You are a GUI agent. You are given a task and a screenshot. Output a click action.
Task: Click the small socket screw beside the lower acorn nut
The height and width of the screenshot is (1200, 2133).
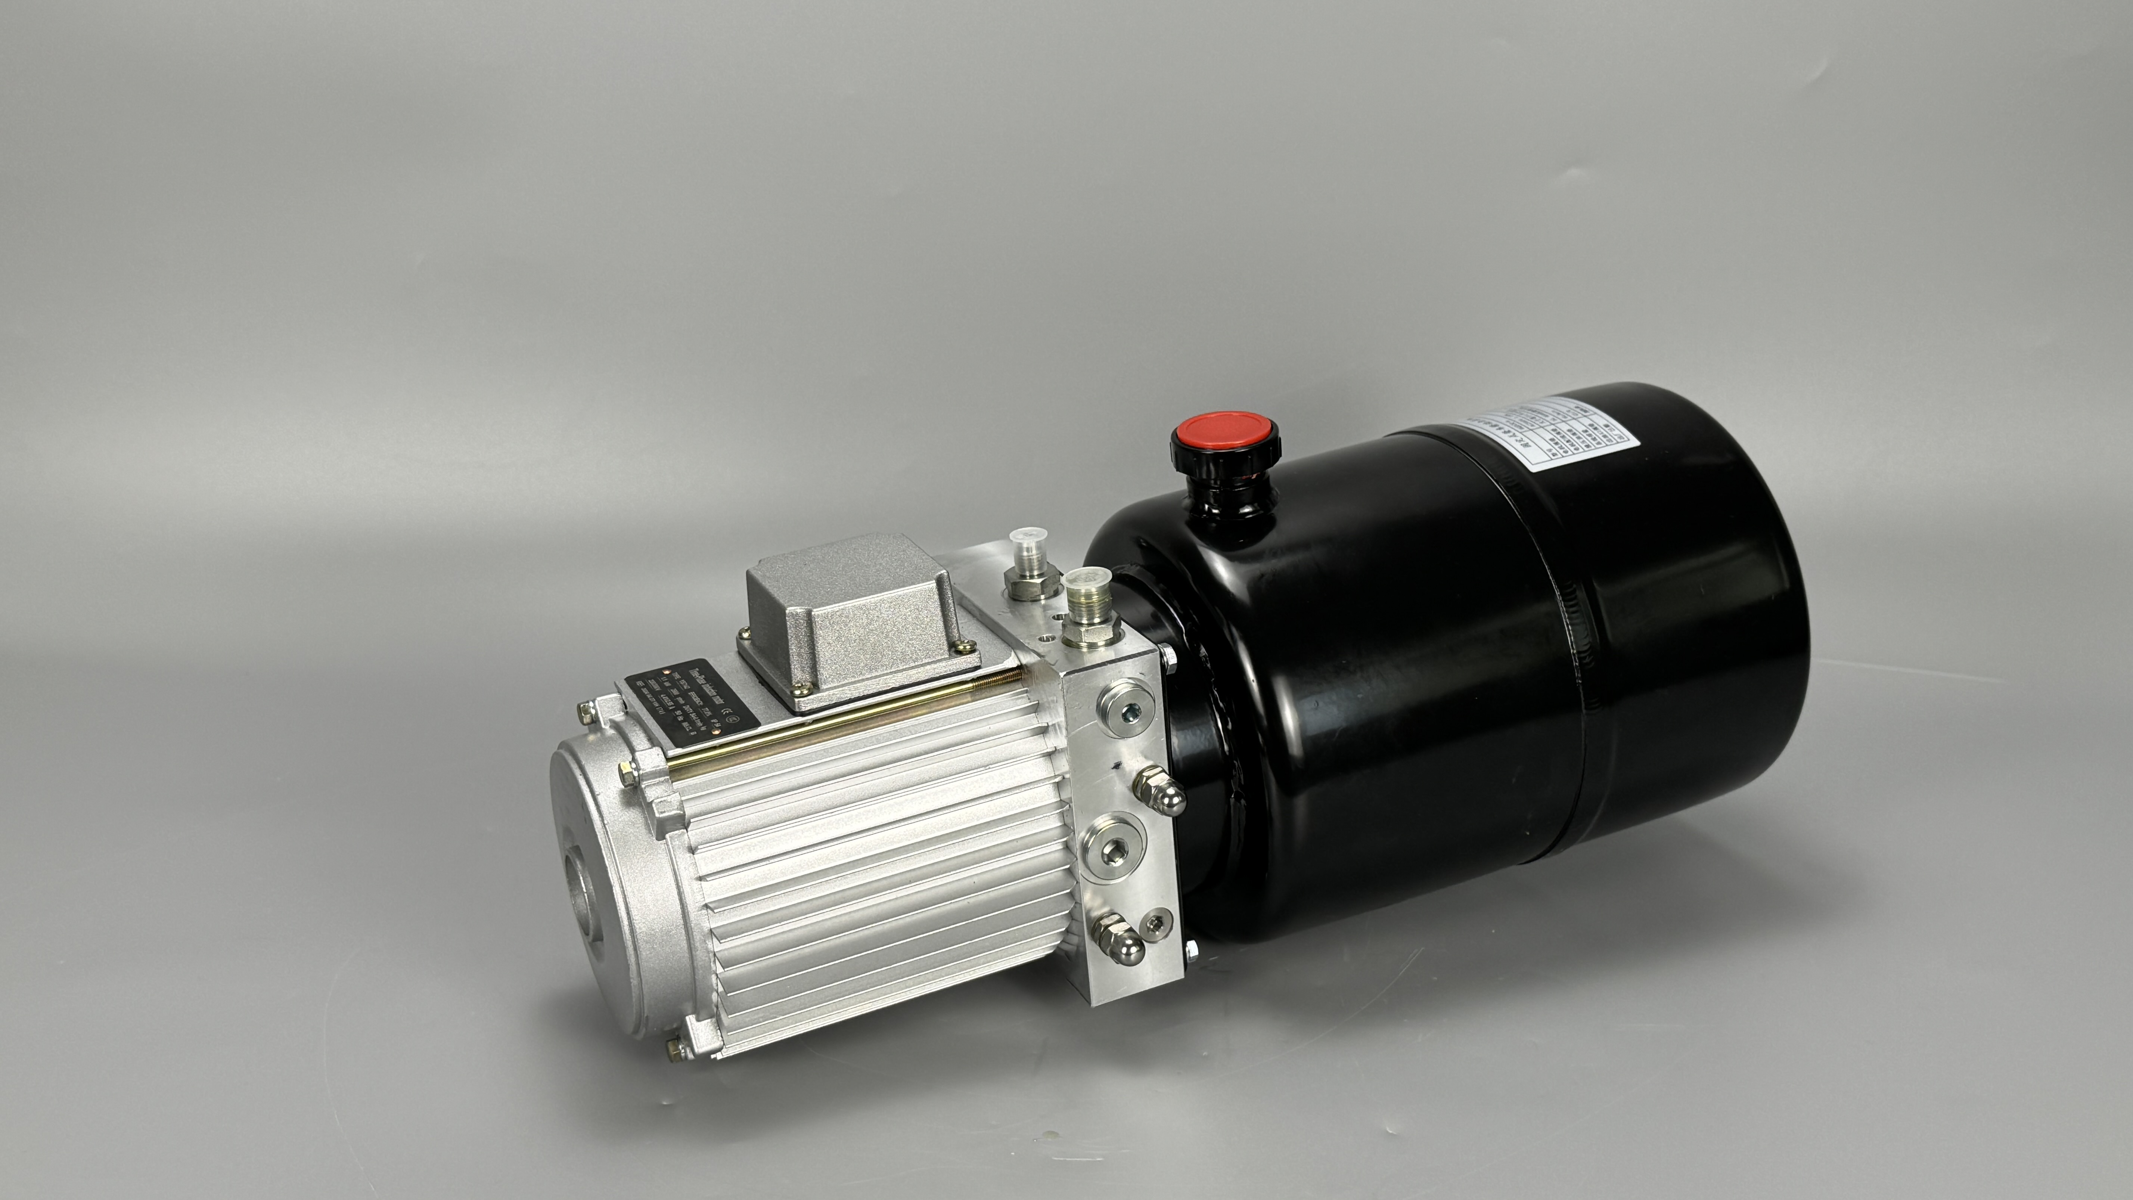pos(1157,921)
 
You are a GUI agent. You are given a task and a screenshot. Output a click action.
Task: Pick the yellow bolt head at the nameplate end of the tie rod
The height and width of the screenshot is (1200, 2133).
pos(628,774)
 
